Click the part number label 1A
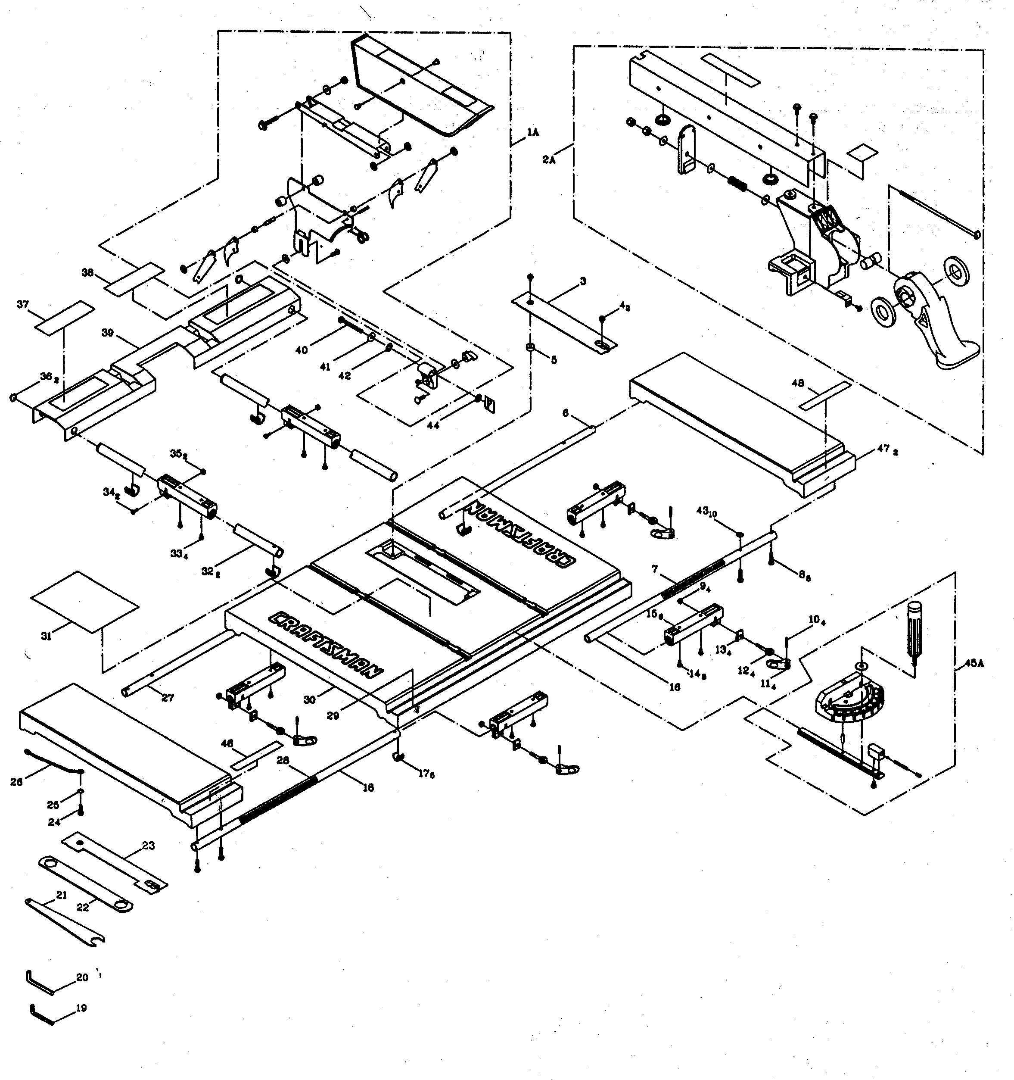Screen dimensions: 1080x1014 (x=532, y=132)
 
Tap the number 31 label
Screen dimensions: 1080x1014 (x=46, y=636)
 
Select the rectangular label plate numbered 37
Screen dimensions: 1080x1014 (x=65, y=315)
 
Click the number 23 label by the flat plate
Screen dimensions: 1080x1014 (x=148, y=846)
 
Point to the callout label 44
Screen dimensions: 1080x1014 (x=433, y=426)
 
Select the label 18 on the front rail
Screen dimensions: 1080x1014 (x=368, y=788)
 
